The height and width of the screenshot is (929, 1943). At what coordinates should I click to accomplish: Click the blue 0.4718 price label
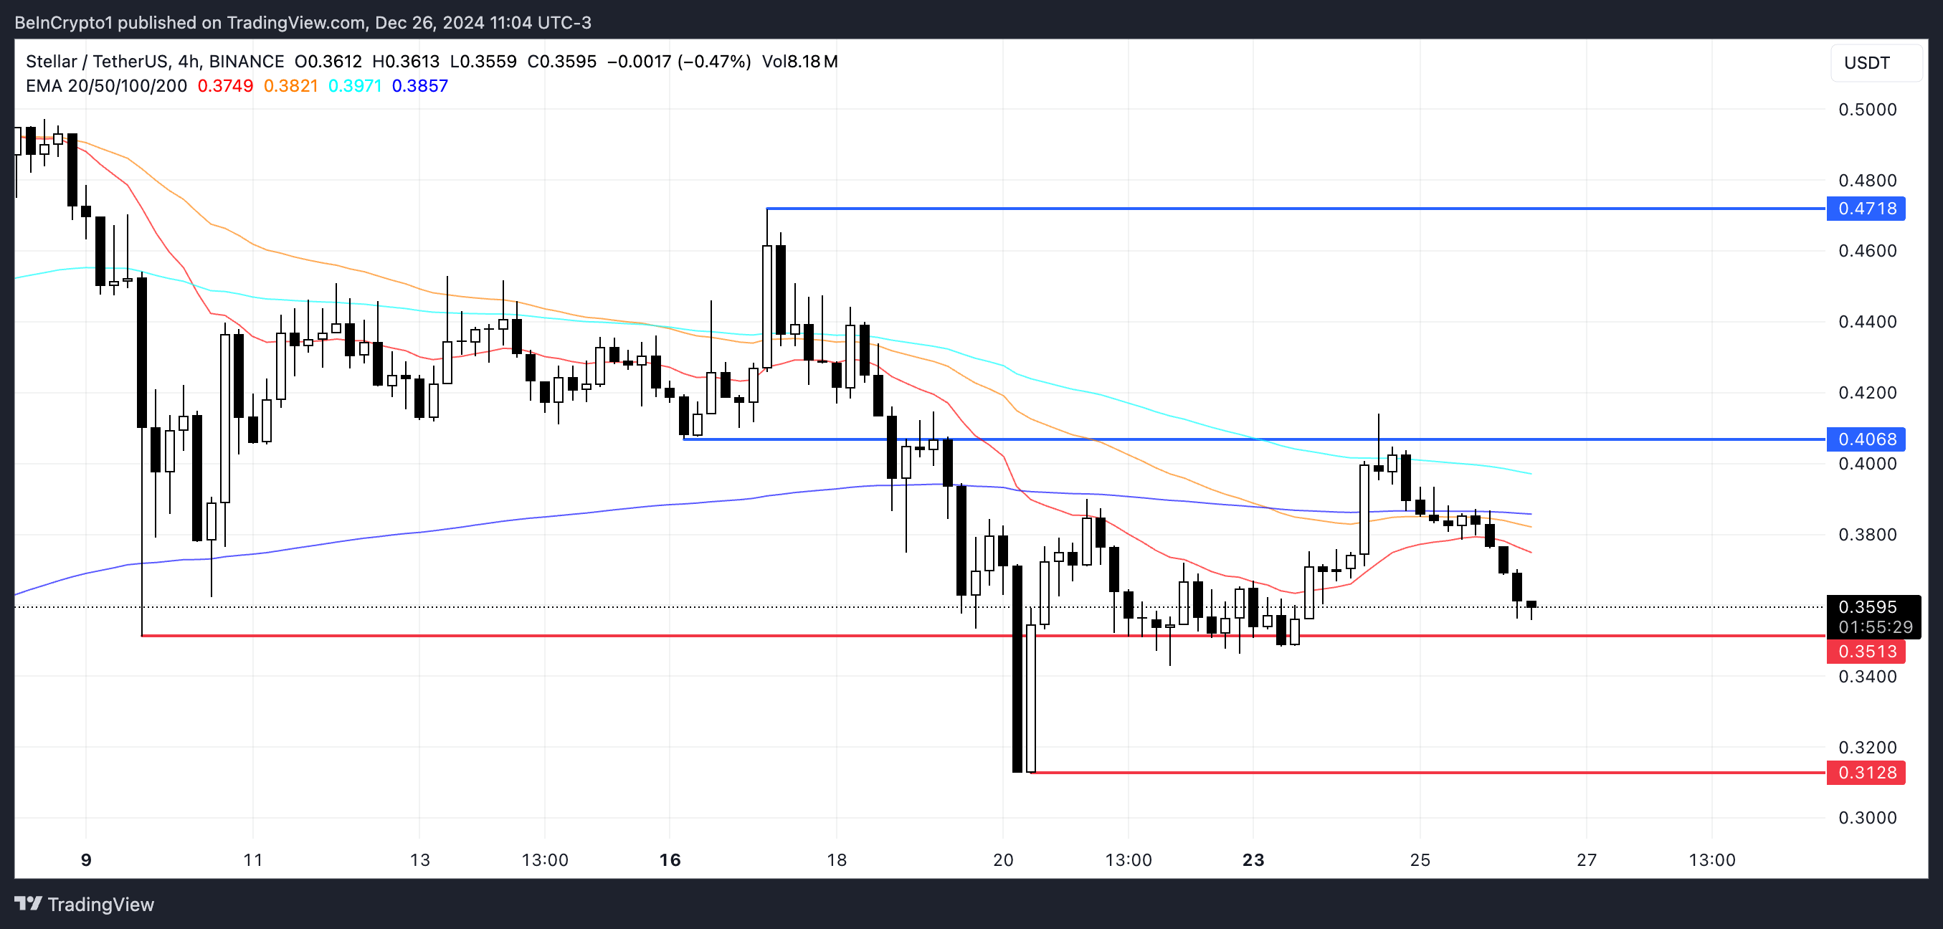pos(1866,209)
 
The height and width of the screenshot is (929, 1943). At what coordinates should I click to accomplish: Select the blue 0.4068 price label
pos(1866,439)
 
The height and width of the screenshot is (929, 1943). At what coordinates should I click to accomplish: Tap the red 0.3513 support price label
pos(1866,652)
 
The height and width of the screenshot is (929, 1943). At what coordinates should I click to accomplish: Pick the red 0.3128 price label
pos(1866,773)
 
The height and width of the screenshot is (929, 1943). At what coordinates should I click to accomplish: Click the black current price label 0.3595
pos(1867,607)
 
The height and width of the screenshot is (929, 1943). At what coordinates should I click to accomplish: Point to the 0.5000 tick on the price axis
pos(1867,110)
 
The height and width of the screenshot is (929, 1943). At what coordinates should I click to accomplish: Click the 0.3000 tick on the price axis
pos(1867,818)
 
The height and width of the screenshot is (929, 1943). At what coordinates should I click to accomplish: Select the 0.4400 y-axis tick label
pos(1867,322)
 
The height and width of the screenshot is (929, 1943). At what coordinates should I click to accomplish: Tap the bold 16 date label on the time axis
pos(670,859)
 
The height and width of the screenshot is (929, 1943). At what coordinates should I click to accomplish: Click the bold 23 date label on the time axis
pos(1253,859)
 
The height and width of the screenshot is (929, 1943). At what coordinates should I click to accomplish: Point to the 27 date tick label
pos(1586,859)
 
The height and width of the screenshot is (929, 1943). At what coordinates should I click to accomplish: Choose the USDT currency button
pos(1867,62)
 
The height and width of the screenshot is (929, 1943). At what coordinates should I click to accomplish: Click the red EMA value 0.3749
pos(225,86)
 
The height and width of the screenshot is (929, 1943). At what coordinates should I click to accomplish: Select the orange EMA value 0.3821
pos(290,86)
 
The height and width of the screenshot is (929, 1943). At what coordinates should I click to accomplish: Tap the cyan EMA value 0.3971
pos(356,86)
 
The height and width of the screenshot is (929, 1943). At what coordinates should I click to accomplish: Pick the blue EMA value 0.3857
pos(419,86)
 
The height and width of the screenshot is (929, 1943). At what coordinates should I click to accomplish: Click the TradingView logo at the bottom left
pos(85,904)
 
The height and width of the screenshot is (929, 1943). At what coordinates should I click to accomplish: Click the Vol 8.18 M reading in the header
pos(799,62)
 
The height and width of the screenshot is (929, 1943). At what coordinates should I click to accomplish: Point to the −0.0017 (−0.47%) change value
pos(679,62)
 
